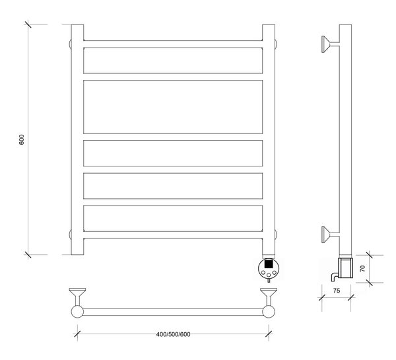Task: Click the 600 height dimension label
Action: pyautogui.click(x=22, y=139)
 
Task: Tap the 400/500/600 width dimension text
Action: pyautogui.click(x=173, y=334)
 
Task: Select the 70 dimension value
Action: pyautogui.click(x=362, y=268)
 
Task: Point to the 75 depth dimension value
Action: pyautogui.click(x=337, y=291)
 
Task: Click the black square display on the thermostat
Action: pyautogui.click(x=268, y=264)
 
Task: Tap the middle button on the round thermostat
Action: pyautogui.click(x=269, y=275)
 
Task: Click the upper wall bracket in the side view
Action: pyautogui.click(x=330, y=44)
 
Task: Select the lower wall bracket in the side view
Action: pyautogui.click(x=330, y=234)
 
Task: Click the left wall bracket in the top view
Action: pyautogui.click(x=77, y=297)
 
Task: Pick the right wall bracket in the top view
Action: pyautogui.click(x=269, y=297)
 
